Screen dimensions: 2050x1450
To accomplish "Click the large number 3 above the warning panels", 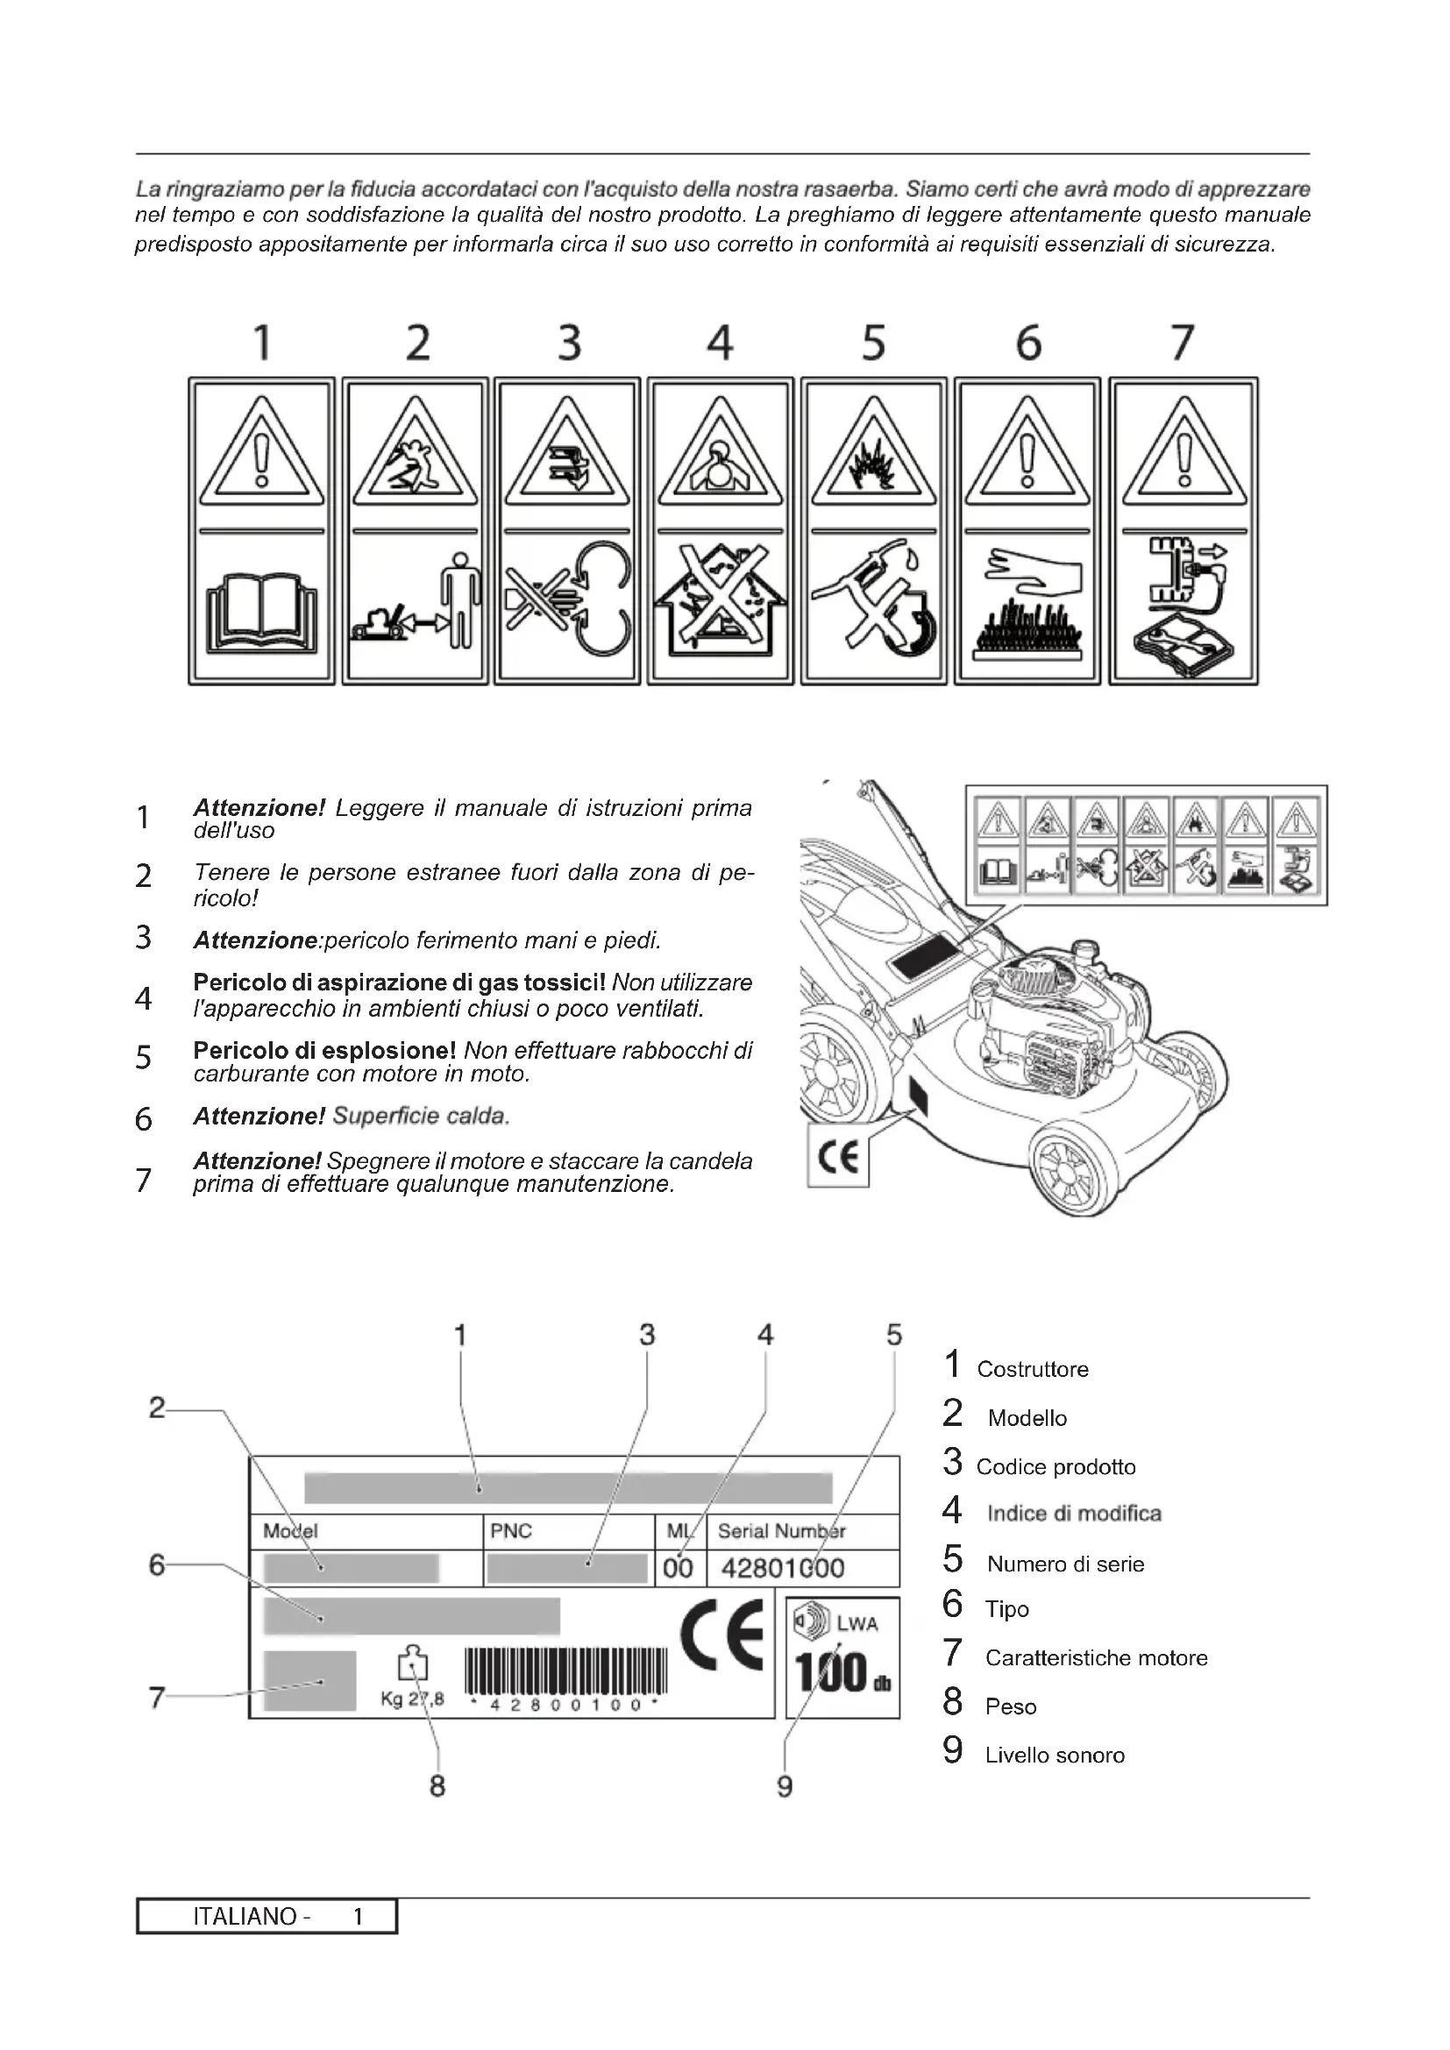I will tap(570, 343).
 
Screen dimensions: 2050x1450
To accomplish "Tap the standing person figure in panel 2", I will tap(462, 599).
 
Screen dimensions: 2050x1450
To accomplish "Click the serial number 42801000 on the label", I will tap(782, 1569).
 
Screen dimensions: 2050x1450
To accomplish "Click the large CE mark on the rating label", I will tap(721, 1635).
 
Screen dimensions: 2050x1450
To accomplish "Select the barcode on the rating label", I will tap(566, 1671).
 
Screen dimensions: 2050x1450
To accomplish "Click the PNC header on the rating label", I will tap(511, 1531).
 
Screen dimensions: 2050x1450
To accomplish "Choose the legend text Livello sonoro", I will tap(1055, 1756).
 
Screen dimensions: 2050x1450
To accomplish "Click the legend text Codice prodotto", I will tap(1056, 1467).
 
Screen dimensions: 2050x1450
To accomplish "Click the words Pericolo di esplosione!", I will tap(325, 1050).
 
